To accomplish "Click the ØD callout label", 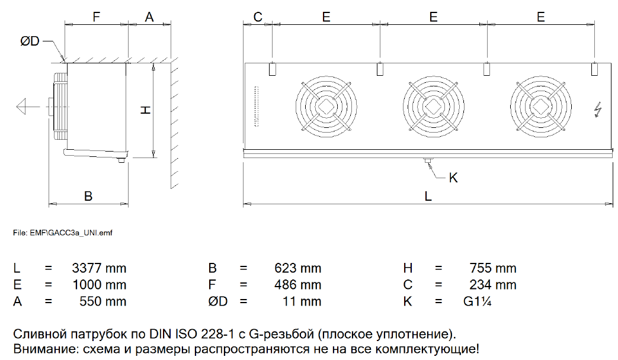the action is click(x=30, y=41).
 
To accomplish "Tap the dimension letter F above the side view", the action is click(x=96, y=17).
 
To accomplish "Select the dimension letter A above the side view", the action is click(x=149, y=17).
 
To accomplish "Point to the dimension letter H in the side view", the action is click(x=146, y=110).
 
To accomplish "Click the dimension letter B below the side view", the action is click(x=88, y=196).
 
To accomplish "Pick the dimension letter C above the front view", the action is click(x=258, y=17).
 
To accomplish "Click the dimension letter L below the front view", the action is click(x=428, y=196).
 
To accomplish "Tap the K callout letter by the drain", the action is click(x=453, y=178).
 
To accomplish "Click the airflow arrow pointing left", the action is click(x=28, y=107).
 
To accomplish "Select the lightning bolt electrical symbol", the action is click(x=598, y=110).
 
